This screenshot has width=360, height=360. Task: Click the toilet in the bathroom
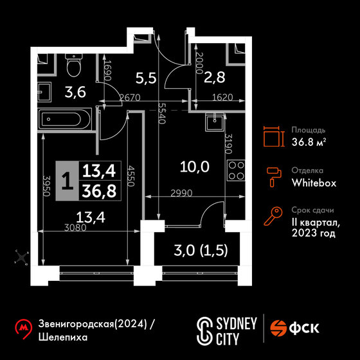coord(74,65)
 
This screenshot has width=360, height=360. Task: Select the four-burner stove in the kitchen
coord(237,170)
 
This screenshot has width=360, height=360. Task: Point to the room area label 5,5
coord(146,78)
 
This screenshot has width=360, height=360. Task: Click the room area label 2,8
coord(215,77)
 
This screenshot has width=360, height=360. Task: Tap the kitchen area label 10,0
coord(195,166)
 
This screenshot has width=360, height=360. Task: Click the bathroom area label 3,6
coord(75,93)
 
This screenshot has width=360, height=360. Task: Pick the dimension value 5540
coord(162,113)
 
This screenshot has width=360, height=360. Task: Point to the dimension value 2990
coord(181,194)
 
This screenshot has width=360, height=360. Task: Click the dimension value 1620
coord(222,97)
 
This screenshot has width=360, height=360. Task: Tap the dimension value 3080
coord(75,228)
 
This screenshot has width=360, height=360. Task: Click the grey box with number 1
coord(67,181)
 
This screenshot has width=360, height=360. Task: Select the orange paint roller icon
coord(274,177)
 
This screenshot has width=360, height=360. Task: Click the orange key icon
coord(273,216)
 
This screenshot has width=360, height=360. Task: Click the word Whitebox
coord(314,183)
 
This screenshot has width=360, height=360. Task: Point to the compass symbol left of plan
coord(21,258)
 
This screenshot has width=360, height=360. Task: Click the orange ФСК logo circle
coord(278,328)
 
